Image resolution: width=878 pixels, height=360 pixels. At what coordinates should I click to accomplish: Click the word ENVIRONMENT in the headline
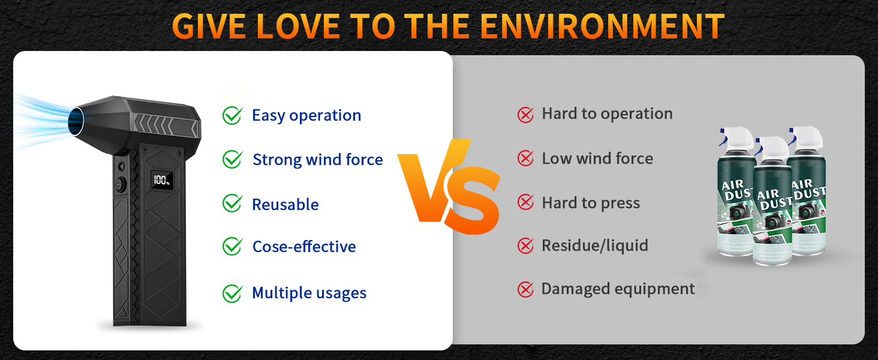click(602, 26)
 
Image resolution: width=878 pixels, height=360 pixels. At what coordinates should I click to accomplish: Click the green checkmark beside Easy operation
click(233, 115)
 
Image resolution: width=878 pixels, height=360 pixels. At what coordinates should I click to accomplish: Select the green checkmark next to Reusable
click(233, 203)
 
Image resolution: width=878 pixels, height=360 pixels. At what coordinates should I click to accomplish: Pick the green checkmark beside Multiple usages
click(233, 293)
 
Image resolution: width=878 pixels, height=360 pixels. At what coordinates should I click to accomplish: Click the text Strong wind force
click(317, 160)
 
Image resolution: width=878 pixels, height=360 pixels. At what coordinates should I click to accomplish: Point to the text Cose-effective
click(304, 247)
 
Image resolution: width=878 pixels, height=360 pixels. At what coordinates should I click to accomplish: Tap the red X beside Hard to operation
click(525, 115)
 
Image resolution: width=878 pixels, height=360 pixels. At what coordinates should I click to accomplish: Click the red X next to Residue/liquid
click(525, 246)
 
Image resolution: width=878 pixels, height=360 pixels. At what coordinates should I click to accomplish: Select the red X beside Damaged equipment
click(525, 289)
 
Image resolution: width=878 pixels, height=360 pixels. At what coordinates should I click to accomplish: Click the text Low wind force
click(597, 158)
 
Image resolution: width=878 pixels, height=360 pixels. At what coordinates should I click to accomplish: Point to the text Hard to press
click(591, 203)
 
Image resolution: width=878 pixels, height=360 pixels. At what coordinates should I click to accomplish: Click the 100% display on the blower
click(162, 180)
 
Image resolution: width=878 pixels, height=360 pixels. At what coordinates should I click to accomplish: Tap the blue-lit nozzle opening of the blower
click(76, 121)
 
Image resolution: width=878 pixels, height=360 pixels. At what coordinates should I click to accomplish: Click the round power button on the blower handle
click(121, 184)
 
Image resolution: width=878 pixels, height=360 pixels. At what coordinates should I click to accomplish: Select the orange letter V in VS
click(431, 181)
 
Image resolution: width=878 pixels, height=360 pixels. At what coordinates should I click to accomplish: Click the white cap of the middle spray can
click(773, 149)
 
